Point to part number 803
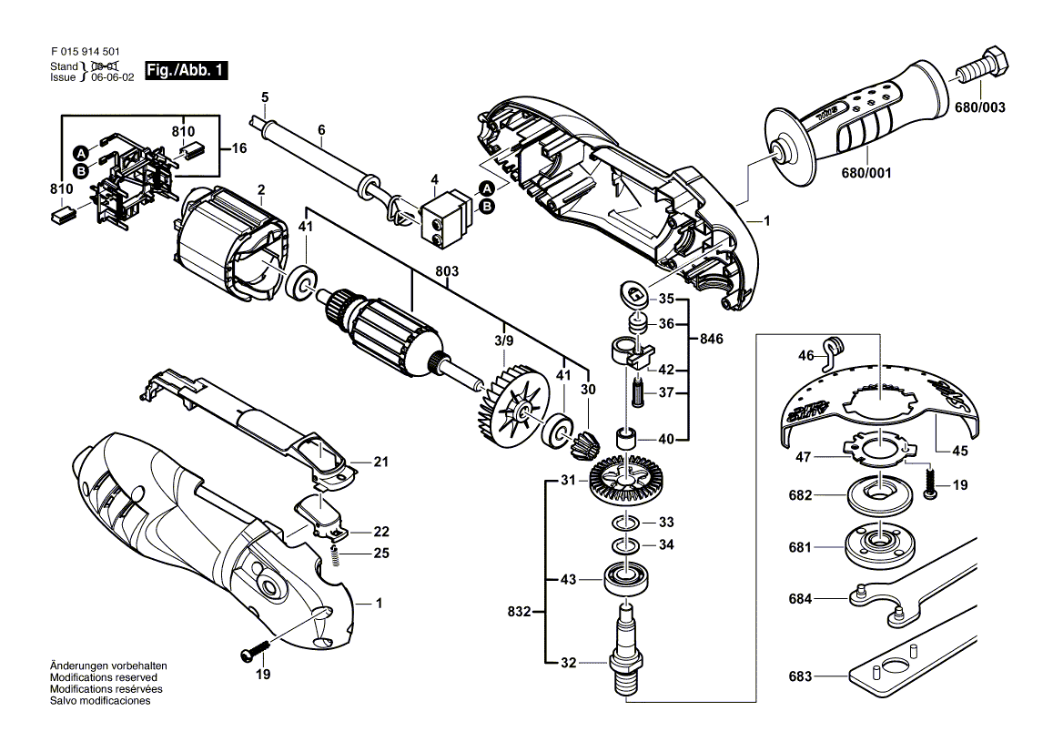447,271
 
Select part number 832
520,612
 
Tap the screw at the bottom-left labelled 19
254,653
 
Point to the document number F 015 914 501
84,54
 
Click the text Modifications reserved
104,678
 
